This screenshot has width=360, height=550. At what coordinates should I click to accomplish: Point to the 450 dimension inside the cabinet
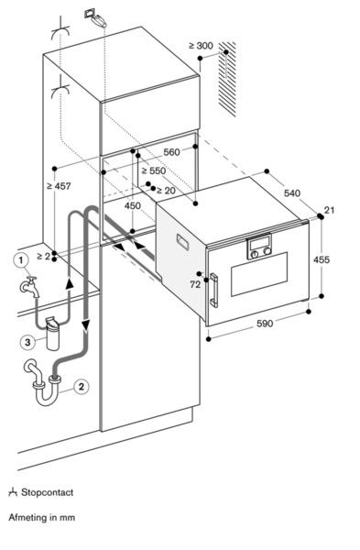[x=133, y=206]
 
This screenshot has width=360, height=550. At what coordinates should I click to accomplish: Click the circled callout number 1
[x=18, y=259]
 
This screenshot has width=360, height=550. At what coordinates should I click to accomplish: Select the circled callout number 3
[x=29, y=343]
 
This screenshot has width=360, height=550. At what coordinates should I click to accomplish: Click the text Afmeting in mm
[x=42, y=518]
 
